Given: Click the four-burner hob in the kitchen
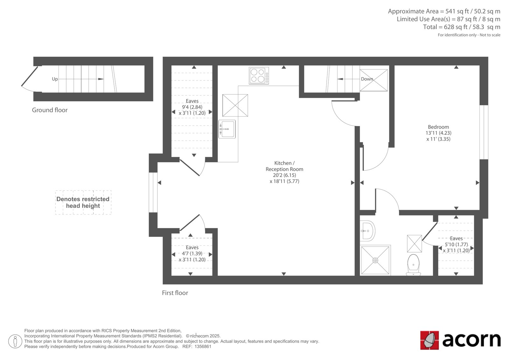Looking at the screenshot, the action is pos(259,75).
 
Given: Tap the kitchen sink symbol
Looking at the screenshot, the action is pos(227,129).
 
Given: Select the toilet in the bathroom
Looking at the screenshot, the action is pos(413,265).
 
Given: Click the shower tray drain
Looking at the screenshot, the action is pos(375,260).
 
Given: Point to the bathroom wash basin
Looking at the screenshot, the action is pos(367,231).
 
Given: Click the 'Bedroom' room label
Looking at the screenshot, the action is pos(438,127).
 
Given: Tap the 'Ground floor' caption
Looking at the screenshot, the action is pos(50,110).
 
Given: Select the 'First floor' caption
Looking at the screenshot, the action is pos(175,293).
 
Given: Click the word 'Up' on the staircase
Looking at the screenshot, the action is pos(55,79).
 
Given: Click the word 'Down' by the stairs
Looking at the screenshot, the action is pos(367,79).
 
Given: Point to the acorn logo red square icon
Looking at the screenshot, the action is pos(429,340).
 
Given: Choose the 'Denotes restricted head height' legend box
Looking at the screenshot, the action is pos(83,202).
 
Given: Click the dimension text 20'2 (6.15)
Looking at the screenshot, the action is pos(284,175).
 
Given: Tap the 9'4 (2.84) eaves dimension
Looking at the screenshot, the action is pos(192,107).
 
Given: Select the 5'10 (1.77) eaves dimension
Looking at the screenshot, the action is pos(456,244).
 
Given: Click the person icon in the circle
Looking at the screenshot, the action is pos(15,341).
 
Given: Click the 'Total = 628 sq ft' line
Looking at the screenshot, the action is pos(462,27).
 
